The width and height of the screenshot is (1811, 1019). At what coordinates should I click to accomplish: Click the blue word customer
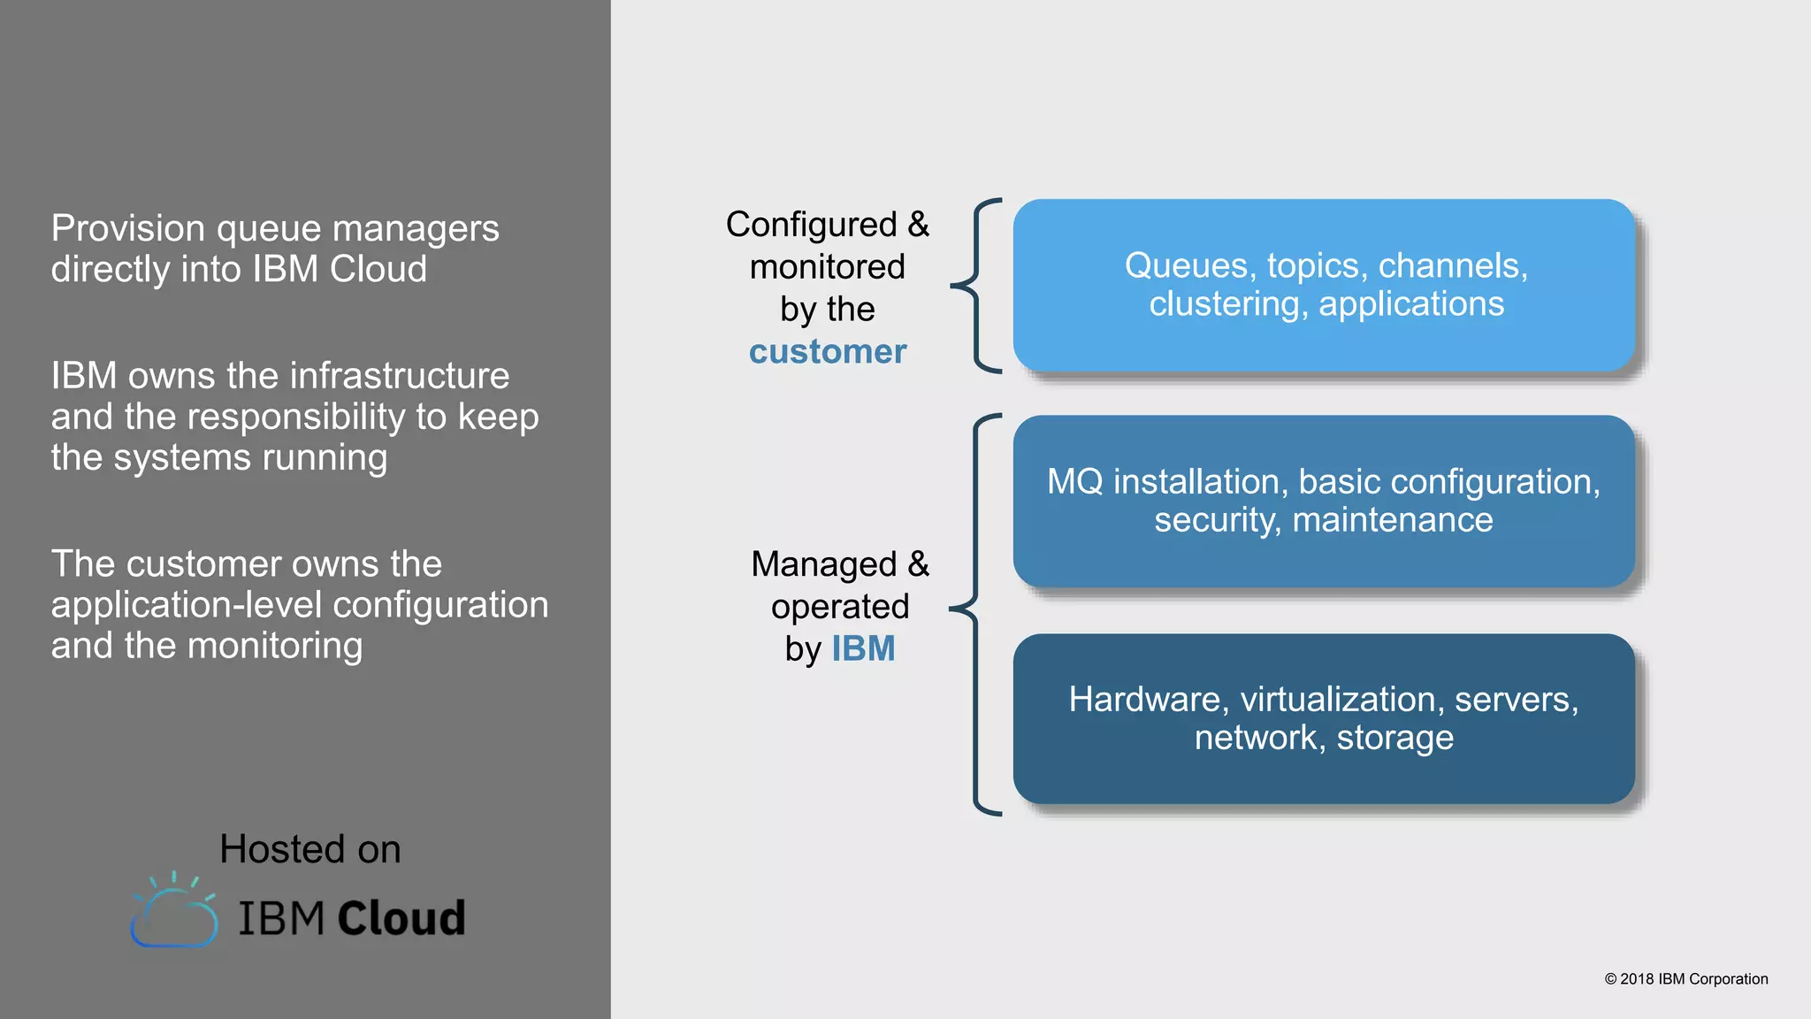click(x=828, y=352)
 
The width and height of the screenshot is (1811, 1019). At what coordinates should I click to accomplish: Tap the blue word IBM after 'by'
click(x=863, y=649)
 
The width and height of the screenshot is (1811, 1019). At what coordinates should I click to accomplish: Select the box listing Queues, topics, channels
click(x=1324, y=285)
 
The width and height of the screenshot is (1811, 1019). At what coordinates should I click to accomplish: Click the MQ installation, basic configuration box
click(x=1324, y=501)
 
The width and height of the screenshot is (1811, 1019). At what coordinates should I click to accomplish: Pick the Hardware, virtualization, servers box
click(x=1324, y=718)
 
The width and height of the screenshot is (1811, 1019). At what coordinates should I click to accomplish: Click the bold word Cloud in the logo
click(x=401, y=918)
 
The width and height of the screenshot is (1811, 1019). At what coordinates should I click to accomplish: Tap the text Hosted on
click(x=310, y=849)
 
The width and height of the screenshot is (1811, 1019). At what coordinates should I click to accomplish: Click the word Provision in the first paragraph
click(x=128, y=229)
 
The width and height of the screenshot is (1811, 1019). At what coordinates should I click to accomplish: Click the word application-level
click(x=187, y=606)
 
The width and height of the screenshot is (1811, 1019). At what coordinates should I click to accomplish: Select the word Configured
click(x=811, y=225)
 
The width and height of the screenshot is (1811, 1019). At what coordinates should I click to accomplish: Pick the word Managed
click(x=823, y=564)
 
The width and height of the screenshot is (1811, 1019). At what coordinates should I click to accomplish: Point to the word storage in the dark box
click(x=1395, y=738)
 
